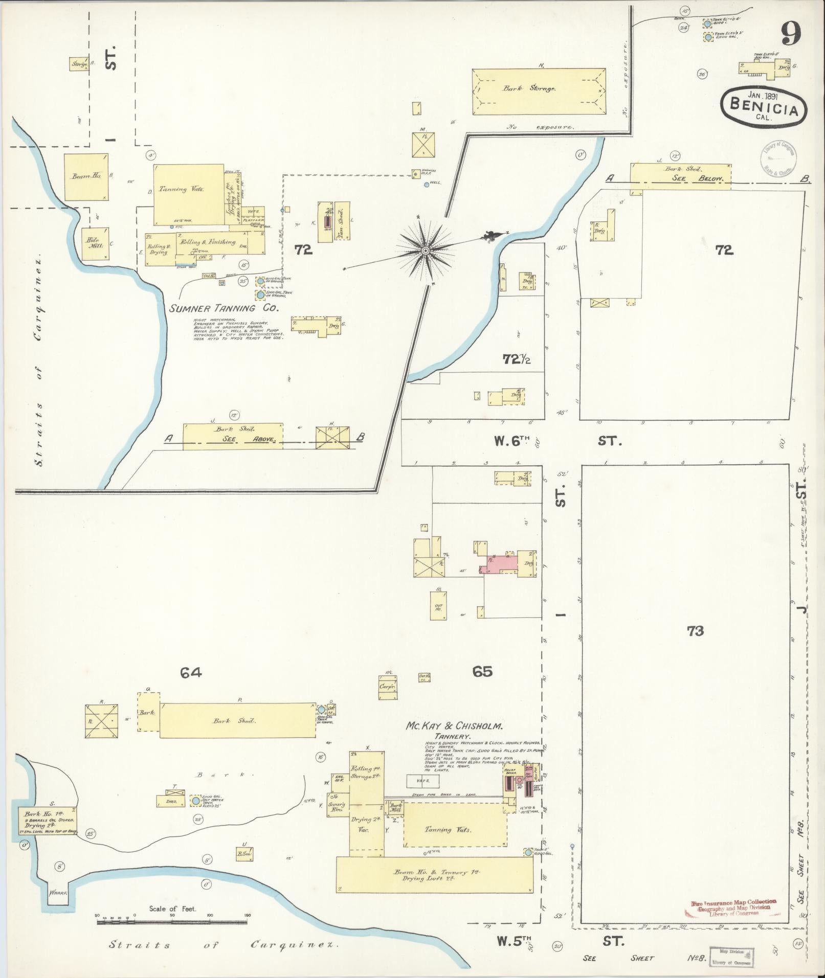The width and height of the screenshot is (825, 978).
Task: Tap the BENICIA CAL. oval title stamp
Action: coord(764,105)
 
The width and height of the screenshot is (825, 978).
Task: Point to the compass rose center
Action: coord(425,251)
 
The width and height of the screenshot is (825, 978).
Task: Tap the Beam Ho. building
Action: coord(86,176)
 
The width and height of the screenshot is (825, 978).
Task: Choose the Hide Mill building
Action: coord(95,244)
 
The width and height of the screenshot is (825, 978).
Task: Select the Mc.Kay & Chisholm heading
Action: coord(455,726)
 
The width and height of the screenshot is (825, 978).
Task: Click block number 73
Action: coord(696,631)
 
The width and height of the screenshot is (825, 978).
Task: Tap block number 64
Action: coord(190,673)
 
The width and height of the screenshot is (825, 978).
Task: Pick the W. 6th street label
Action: coord(511,441)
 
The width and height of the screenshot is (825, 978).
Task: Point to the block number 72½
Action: coord(516,359)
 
